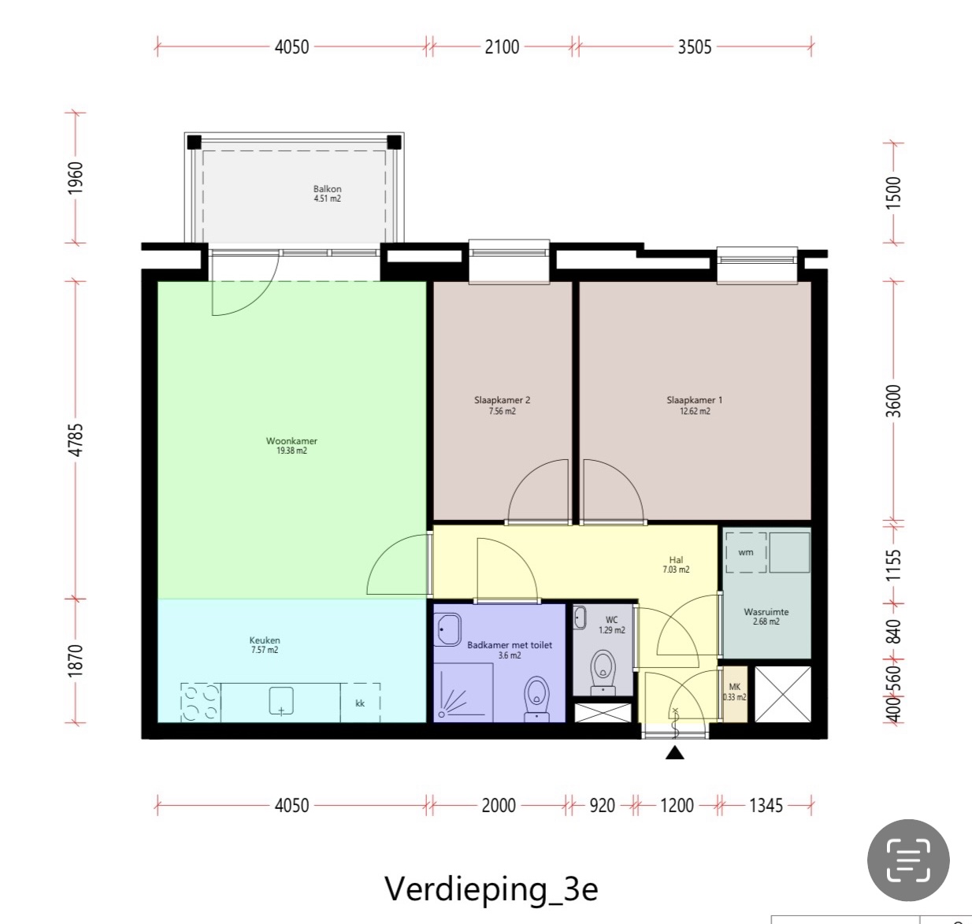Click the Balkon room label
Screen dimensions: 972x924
coord(327,189)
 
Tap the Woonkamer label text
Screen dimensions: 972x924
coord(291,440)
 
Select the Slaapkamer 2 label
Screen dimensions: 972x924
coord(502,399)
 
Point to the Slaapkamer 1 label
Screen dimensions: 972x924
coord(694,399)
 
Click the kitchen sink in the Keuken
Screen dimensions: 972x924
coord(281,701)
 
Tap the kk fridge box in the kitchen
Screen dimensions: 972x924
coord(360,703)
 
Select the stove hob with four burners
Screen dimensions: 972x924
coord(201,703)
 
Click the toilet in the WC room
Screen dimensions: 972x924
coord(603,673)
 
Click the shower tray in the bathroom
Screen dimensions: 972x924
coord(464,692)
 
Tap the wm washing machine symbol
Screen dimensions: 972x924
coord(746,552)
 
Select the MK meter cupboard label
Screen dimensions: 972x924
coord(735,687)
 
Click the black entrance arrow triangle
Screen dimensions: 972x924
coord(675,753)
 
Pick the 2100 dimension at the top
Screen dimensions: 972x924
coord(502,47)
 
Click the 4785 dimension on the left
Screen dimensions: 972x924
coord(76,440)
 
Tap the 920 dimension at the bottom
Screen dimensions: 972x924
coord(603,806)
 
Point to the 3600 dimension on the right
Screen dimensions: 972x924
coord(893,401)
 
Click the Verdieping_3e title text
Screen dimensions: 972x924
coord(492,889)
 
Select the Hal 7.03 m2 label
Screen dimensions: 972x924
coord(676,564)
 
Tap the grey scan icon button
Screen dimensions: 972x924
coord(908,860)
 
